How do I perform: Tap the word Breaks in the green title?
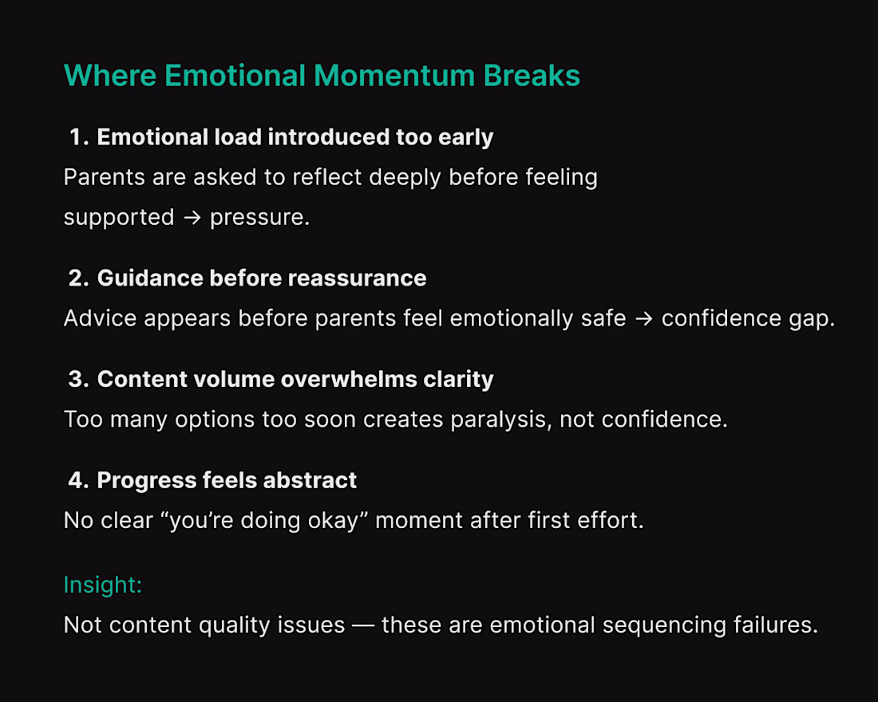tap(532, 76)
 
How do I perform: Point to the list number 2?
tap(79, 278)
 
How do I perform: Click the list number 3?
tap(79, 379)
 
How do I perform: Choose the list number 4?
tap(79, 480)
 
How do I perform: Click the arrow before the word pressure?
tap(192, 218)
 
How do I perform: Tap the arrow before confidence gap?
tap(644, 319)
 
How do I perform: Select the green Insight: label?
tap(102, 585)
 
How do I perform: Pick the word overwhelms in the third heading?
tap(348, 379)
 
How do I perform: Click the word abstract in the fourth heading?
tap(310, 480)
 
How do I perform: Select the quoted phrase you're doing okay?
tap(263, 521)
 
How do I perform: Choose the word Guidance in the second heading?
tap(150, 278)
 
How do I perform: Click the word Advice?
tap(100, 318)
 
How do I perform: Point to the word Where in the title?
tap(110, 76)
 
